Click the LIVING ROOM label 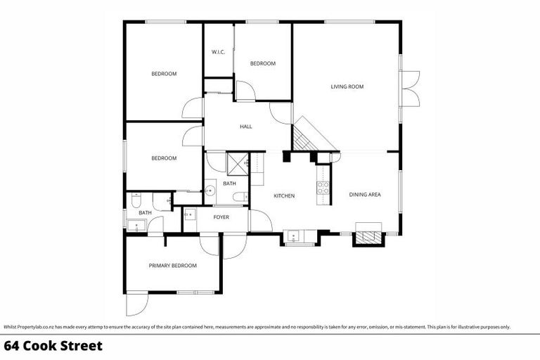click(347, 86)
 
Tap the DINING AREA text click(365, 195)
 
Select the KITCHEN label click(284, 195)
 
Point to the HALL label click(245, 127)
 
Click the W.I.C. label click(218, 53)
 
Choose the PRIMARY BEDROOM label click(172, 266)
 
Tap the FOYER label click(221, 217)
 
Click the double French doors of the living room click(410, 87)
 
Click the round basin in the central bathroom click(210, 190)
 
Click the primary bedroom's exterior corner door click(137, 304)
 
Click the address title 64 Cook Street click(53, 346)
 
